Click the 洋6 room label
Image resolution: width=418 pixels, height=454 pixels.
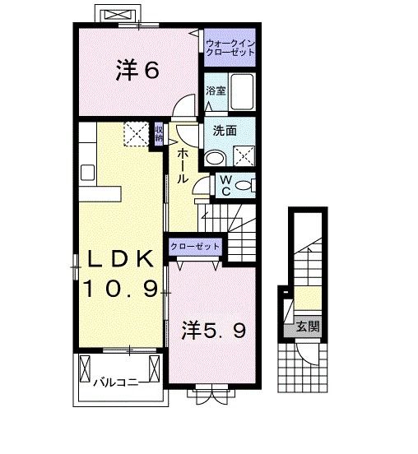pyautogui.click(x=137, y=70)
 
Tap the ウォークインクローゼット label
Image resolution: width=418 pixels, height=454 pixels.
pyautogui.click(x=230, y=48)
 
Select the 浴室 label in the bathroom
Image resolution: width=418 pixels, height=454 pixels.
pyautogui.click(x=216, y=90)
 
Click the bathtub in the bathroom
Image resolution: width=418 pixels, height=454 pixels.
pyautogui.click(x=242, y=91)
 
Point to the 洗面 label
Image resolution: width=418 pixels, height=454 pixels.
pyautogui.click(x=225, y=131)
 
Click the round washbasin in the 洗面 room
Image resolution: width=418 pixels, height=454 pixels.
pyautogui.click(x=215, y=158)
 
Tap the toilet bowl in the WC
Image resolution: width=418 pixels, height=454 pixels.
pyautogui.click(x=244, y=185)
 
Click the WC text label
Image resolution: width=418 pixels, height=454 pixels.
pyautogui.click(x=225, y=186)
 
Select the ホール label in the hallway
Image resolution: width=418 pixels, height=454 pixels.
pyautogui.click(x=183, y=165)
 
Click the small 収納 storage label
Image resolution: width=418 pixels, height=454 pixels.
pyautogui.click(x=159, y=133)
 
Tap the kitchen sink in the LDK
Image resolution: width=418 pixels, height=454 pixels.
pyautogui.click(x=87, y=173)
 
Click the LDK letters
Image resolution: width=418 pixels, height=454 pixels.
pyautogui.click(x=120, y=258)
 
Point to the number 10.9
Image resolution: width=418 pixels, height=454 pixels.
pyautogui.click(x=121, y=289)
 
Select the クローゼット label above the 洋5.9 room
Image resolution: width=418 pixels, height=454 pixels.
pyautogui.click(x=195, y=247)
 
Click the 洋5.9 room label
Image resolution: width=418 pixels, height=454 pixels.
pyautogui.click(x=214, y=331)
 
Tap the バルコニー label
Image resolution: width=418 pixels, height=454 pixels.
pyautogui.click(x=116, y=382)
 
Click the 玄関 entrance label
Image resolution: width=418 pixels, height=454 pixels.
pyautogui.click(x=308, y=327)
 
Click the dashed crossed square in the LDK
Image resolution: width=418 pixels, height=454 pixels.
pyautogui.click(x=137, y=133)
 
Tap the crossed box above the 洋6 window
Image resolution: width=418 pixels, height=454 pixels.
pyautogui.click(x=118, y=15)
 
